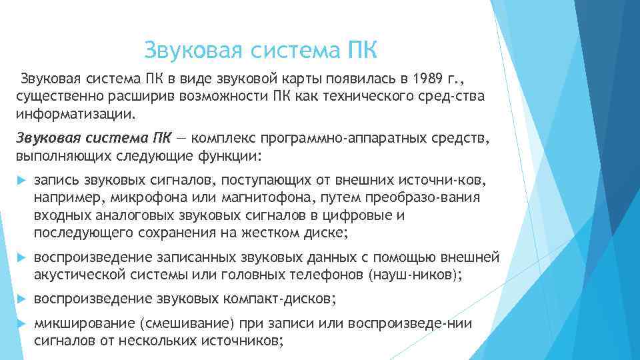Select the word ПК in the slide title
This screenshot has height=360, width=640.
[x=362, y=50]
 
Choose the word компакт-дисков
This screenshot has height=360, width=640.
[x=284, y=299]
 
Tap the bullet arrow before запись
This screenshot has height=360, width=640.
[x=20, y=181]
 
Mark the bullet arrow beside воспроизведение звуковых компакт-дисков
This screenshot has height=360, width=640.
[x=20, y=299]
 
